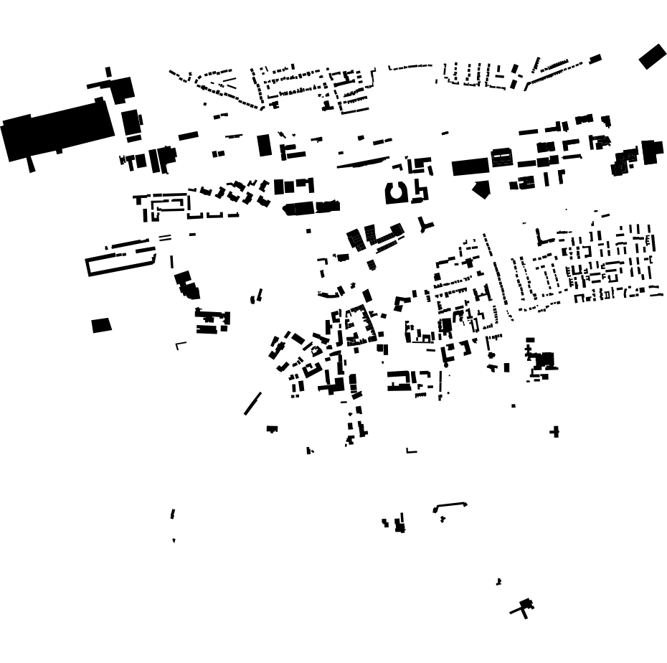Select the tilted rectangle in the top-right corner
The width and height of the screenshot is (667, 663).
652,56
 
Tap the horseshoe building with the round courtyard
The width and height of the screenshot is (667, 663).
396,193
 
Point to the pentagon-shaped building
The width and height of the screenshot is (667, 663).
481,189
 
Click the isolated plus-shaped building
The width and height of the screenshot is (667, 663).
554,431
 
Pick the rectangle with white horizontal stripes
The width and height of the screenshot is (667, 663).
502,157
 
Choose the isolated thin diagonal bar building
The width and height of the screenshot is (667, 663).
252,403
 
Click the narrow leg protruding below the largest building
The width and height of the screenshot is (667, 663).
31,164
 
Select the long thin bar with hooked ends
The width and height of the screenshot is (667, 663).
450,506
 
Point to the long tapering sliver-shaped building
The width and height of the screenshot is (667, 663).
363,163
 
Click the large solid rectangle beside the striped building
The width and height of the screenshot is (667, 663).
470,168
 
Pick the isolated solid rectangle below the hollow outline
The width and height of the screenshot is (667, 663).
102,325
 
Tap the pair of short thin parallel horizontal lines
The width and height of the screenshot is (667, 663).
165,237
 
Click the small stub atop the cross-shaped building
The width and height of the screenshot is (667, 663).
108,72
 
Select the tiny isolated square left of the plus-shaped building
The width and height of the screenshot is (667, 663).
514,406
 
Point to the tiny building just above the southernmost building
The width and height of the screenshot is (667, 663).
498,581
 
